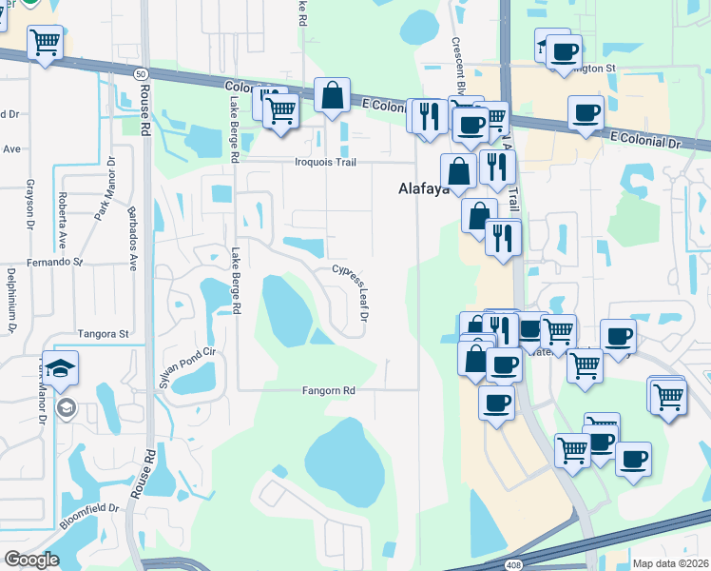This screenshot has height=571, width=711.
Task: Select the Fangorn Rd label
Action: pyautogui.click(x=328, y=390)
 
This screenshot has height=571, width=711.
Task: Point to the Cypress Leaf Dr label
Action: pyautogui.click(x=350, y=292)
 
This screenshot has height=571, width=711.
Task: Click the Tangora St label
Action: pyautogui.click(x=104, y=334)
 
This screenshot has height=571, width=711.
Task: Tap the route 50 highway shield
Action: pyautogui.click(x=144, y=73)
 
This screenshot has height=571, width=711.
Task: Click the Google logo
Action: pyautogui.click(x=31, y=560)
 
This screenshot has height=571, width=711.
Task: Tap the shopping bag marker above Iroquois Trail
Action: pyautogui.click(x=332, y=96)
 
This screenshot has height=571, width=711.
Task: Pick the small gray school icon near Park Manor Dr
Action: pyautogui.click(x=67, y=409)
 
